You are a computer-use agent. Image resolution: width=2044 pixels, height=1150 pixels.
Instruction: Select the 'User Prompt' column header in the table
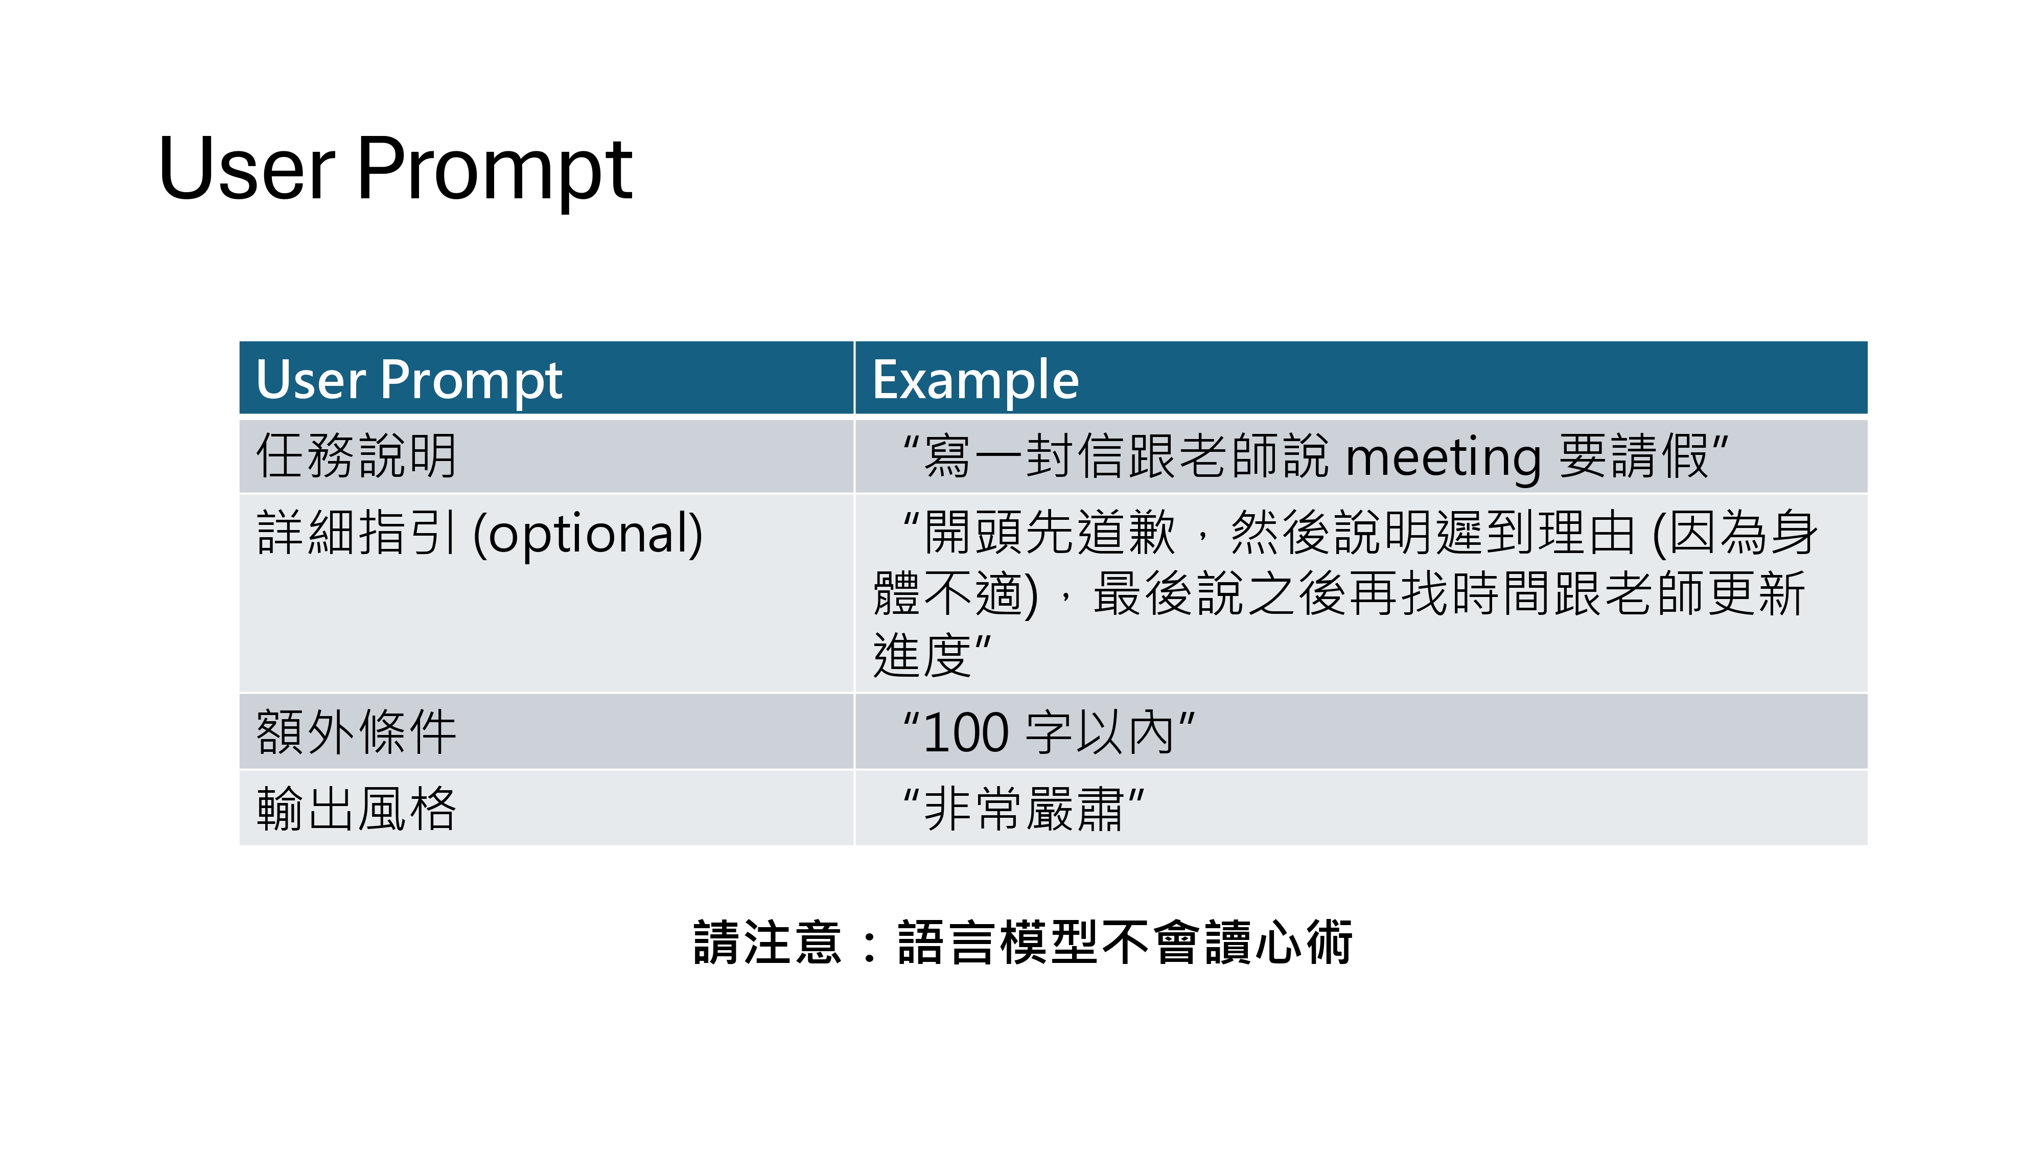(x=409, y=380)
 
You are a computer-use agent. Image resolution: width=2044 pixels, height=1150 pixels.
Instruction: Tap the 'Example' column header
(x=975, y=380)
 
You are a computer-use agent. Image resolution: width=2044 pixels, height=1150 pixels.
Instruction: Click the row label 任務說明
(x=356, y=456)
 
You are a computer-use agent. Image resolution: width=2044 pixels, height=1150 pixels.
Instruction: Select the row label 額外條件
(x=356, y=732)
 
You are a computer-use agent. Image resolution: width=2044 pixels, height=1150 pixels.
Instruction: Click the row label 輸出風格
(x=356, y=809)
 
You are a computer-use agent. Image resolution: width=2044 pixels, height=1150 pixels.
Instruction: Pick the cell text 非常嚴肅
(x=1024, y=809)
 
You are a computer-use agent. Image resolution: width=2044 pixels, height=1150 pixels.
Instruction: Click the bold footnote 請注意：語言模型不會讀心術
(x=1023, y=943)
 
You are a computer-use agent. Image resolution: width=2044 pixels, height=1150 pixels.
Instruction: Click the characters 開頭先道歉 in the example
(x=1049, y=532)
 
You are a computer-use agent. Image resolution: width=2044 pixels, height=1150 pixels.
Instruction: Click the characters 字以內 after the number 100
(x=1100, y=732)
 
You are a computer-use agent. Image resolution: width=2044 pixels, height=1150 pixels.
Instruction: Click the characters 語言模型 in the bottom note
(x=997, y=943)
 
